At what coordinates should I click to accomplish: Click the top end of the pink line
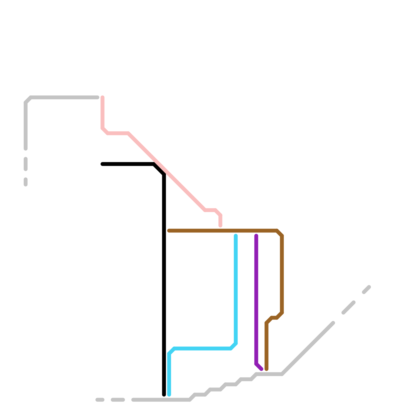click(x=102, y=97)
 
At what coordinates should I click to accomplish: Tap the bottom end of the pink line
click(x=220, y=225)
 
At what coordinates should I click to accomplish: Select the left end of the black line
click(x=102, y=164)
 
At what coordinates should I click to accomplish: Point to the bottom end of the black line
click(x=164, y=395)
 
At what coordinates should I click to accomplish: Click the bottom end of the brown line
click(x=266, y=369)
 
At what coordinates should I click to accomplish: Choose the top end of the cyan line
click(x=236, y=236)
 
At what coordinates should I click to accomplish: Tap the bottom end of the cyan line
click(x=169, y=395)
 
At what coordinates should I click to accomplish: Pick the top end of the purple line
click(x=256, y=236)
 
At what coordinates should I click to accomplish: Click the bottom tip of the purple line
click(x=261, y=369)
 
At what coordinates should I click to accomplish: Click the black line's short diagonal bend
click(x=159, y=169)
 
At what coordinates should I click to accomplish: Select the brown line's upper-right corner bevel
click(x=279, y=233)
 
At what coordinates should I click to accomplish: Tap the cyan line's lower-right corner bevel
click(x=233, y=346)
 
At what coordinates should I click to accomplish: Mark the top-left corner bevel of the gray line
click(x=28, y=100)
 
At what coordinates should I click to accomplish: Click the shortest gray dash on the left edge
click(x=26, y=182)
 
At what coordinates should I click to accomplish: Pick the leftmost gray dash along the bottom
click(x=100, y=400)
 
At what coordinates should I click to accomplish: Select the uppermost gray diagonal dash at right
click(x=366, y=290)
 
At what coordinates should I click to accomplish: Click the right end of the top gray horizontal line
click(x=97, y=97)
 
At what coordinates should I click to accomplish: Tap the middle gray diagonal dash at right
click(x=348, y=307)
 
